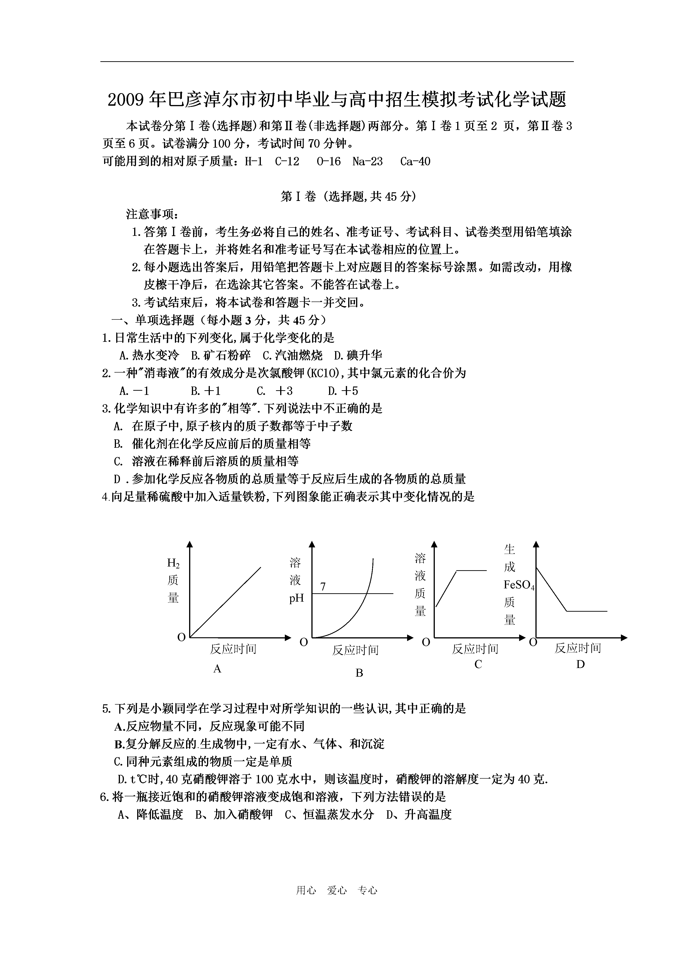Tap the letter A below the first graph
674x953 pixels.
pos(217,669)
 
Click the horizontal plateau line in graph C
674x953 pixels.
pos(471,571)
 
